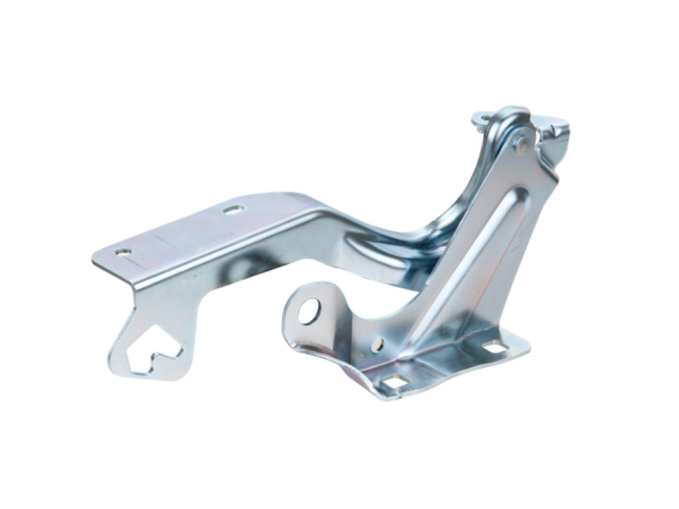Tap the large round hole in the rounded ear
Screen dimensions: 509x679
tap(308, 311)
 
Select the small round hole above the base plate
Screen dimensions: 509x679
tap(378, 343)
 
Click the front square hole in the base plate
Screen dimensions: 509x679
tap(395, 382)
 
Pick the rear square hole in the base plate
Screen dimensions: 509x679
tap(493, 346)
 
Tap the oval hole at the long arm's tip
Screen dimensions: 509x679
tap(123, 252)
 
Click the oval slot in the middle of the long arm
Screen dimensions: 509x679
tap(233, 209)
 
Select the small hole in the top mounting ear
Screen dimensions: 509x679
tap(486, 119)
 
